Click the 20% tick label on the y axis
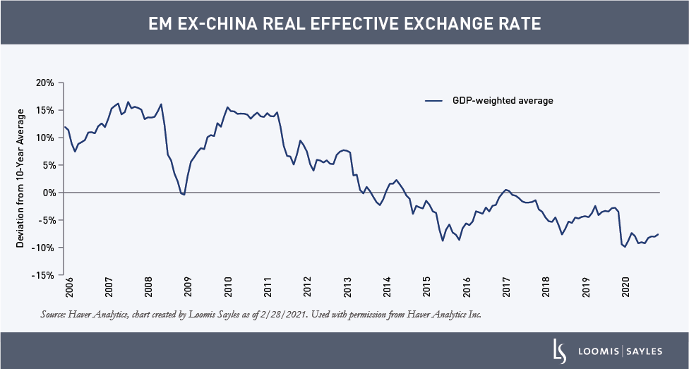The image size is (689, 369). click(45, 83)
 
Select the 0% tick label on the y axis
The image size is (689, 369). click(48, 193)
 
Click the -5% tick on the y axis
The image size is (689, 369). click(46, 220)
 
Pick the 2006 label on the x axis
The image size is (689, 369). click(68, 291)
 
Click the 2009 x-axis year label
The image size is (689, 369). click(188, 291)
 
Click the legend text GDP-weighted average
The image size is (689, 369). click(503, 101)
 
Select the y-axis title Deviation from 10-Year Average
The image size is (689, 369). click(21, 178)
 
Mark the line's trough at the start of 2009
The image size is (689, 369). click(184, 194)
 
